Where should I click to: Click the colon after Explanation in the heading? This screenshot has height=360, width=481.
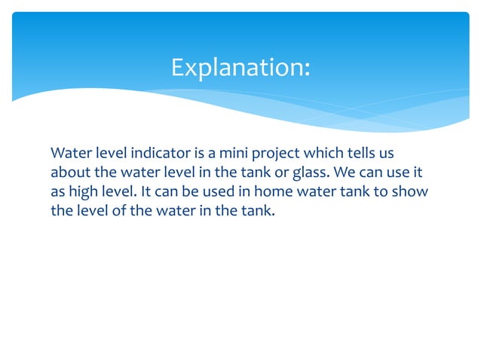306,69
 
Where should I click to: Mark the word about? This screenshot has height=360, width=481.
69,172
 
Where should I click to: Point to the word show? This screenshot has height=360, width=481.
411,191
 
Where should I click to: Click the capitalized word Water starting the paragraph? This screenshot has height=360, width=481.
69,153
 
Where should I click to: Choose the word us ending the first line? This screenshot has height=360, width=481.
388,153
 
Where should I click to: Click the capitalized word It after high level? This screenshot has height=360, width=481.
147,191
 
